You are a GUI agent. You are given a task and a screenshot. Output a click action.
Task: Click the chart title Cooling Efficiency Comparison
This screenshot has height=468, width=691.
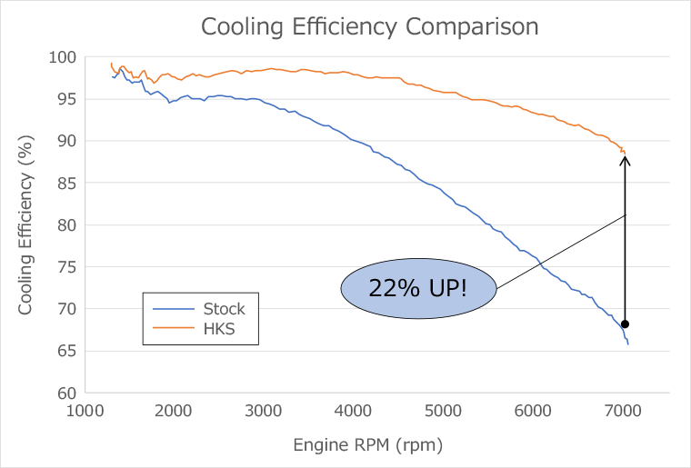pos(369,26)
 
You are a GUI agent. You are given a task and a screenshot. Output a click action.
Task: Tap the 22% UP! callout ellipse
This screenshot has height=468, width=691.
pos(418,288)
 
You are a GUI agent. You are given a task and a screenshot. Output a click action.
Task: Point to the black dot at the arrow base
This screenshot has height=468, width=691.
pos(626,324)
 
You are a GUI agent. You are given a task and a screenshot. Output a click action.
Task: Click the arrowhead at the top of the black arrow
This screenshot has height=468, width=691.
pos(626,160)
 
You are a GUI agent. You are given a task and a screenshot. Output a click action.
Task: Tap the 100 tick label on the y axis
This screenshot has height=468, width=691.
pos(63,57)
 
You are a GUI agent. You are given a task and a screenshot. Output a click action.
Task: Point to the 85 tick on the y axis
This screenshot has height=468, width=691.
pos(66,183)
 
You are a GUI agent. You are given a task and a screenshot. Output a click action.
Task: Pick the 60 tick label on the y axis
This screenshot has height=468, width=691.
pos(66,393)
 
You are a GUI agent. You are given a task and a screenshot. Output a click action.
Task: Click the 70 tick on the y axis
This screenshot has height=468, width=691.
pos(66,309)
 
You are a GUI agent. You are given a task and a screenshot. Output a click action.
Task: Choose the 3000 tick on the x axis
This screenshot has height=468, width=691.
pos(265,411)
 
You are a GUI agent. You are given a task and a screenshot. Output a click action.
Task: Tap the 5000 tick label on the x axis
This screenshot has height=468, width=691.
pos(445,411)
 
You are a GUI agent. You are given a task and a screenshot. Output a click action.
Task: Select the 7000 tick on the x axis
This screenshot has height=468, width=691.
pos(625,411)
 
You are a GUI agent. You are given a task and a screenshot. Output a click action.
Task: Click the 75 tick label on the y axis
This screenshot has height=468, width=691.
pos(66,267)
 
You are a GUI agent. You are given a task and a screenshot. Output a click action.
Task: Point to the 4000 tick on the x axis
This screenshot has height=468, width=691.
pos(356,411)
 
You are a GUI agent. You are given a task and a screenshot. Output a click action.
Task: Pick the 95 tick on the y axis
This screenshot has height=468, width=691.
pos(66,99)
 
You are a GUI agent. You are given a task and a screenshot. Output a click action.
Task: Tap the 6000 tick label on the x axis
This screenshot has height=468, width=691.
pos(535,411)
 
